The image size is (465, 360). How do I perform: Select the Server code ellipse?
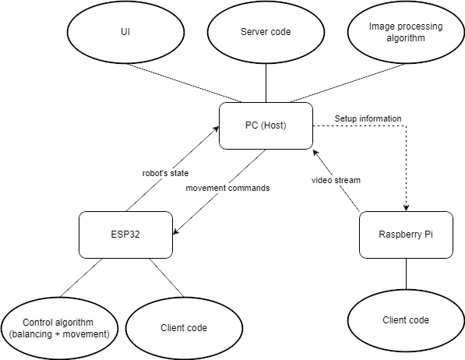tap(266, 32)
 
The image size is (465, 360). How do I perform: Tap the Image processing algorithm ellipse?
tap(405, 32)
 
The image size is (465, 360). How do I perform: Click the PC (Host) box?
tap(266, 126)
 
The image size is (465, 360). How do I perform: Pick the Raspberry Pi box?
tap(406, 235)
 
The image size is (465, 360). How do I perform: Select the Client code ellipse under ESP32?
tap(177, 327)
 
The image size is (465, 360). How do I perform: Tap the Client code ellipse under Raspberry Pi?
tap(406, 320)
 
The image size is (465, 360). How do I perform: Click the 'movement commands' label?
tap(228, 188)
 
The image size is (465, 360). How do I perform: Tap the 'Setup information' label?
tap(368, 118)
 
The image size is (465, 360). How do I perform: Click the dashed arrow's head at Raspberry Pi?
tap(406, 208)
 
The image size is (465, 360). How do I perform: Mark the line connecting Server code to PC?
tap(266, 83)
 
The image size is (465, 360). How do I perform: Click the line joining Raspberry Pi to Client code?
tap(406, 274)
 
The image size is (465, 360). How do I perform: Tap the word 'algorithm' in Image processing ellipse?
tap(405, 38)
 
